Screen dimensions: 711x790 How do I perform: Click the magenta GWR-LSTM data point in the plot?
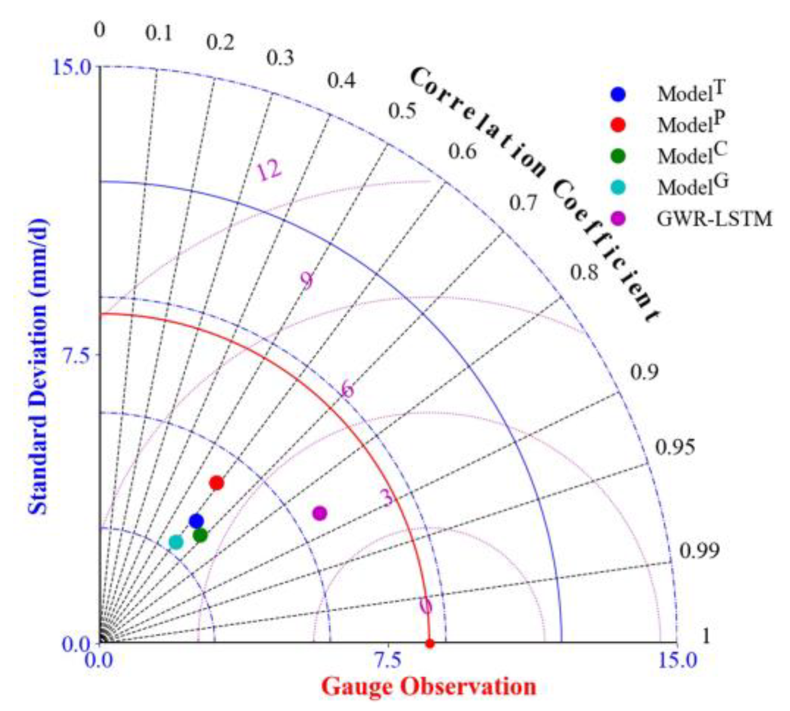click(x=319, y=513)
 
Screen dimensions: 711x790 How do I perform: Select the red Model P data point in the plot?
click(x=217, y=483)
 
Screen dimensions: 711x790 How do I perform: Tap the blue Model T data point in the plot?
click(x=197, y=521)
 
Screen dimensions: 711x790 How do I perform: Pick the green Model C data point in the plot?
click(x=200, y=536)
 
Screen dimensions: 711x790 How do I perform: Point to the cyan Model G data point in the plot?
click(x=176, y=542)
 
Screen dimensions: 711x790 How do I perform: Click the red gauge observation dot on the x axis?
click(x=430, y=644)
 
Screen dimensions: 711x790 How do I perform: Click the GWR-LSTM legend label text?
click(x=714, y=219)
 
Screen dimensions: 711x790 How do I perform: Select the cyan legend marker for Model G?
click(x=618, y=188)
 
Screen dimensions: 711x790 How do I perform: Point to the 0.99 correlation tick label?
click(x=700, y=551)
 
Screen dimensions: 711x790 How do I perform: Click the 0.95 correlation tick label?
click(x=675, y=447)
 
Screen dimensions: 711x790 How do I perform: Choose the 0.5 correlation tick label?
click(x=402, y=111)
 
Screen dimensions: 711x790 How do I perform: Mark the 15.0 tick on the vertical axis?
click(x=72, y=67)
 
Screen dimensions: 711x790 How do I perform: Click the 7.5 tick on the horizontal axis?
click(x=388, y=661)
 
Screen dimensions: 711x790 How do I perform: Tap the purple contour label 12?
click(x=269, y=170)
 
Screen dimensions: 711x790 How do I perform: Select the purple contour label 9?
click(x=307, y=281)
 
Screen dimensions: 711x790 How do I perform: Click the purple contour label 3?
click(x=387, y=497)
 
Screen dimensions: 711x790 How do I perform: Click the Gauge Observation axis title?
click(x=429, y=687)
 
